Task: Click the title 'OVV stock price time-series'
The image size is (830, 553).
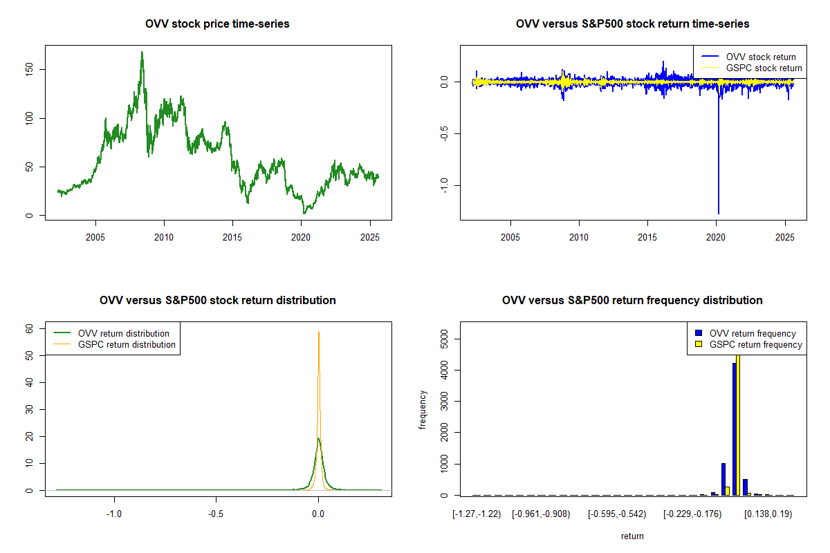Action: click(x=217, y=24)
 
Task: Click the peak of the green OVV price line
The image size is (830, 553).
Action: click(x=142, y=53)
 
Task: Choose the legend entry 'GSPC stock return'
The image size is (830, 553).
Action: click(x=764, y=68)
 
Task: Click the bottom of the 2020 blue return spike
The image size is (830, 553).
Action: click(x=719, y=213)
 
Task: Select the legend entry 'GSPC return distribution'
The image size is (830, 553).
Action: click(x=127, y=344)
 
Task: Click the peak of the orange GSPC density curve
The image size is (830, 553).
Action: click(x=319, y=332)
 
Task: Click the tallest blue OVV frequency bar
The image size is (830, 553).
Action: click(x=735, y=429)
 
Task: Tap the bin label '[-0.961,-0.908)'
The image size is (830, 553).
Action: click(x=541, y=514)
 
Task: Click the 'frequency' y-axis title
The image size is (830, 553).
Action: click(x=423, y=410)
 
